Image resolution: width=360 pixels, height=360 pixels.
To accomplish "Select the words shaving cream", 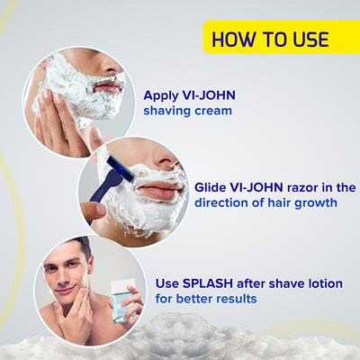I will [x=187, y=111].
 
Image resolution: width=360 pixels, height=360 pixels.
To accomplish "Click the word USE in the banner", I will [x=304, y=39].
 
